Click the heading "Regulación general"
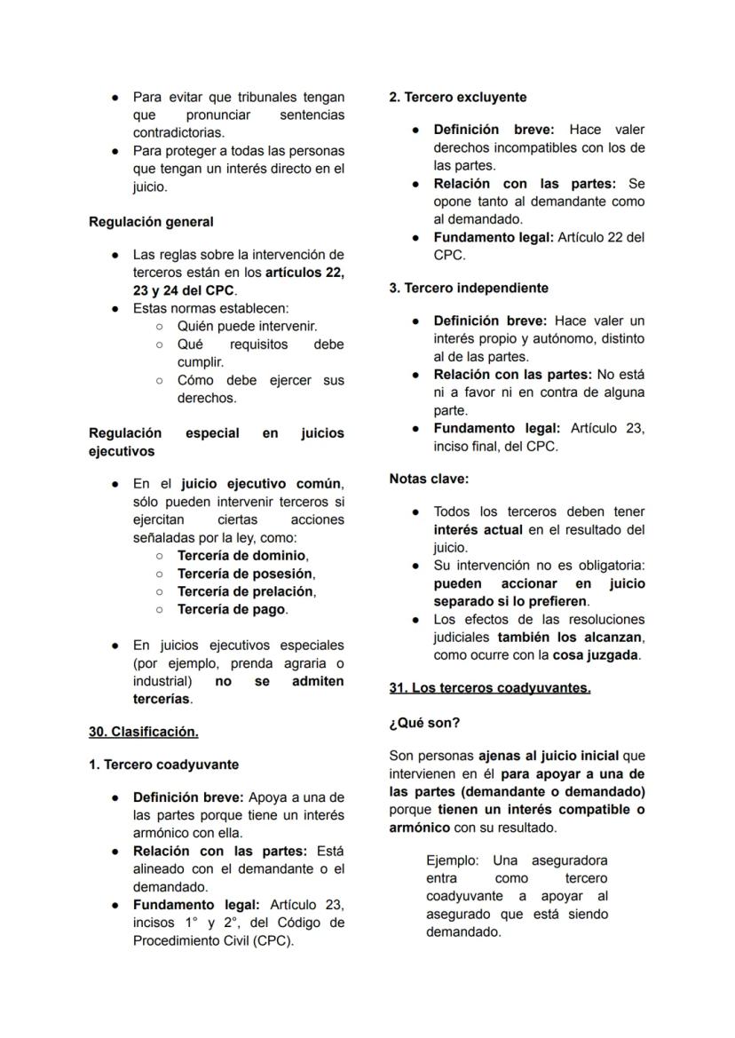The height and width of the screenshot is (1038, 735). coord(151,221)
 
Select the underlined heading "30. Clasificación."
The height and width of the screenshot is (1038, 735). coord(144,732)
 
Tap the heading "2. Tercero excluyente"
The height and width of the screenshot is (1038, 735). coord(458,97)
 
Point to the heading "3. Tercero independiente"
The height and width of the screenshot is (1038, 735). coord(469,288)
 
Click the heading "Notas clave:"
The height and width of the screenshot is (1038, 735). coord(429,479)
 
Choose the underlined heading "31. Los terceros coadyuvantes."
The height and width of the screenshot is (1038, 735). coord(490,687)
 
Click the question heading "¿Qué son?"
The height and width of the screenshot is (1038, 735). coord(424,723)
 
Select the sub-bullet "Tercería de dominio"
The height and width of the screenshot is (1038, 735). coord(242,556)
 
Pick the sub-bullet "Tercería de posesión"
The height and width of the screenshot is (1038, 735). coord(246,574)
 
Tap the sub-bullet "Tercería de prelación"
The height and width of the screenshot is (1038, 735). coord(246,591)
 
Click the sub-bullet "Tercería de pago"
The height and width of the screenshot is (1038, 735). coord(232,609)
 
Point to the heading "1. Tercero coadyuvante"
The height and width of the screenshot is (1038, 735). coord(163,765)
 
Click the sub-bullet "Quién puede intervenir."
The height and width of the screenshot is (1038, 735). coord(247,326)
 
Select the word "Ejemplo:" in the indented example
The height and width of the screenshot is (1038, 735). coord(453,860)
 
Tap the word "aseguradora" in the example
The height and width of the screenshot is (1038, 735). coord(569,860)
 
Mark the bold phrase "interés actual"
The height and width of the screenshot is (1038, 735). coord(478,530)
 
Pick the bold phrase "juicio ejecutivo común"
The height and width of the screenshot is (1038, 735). coord(260,484)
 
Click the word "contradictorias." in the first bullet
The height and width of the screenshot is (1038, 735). coord(178,132)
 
